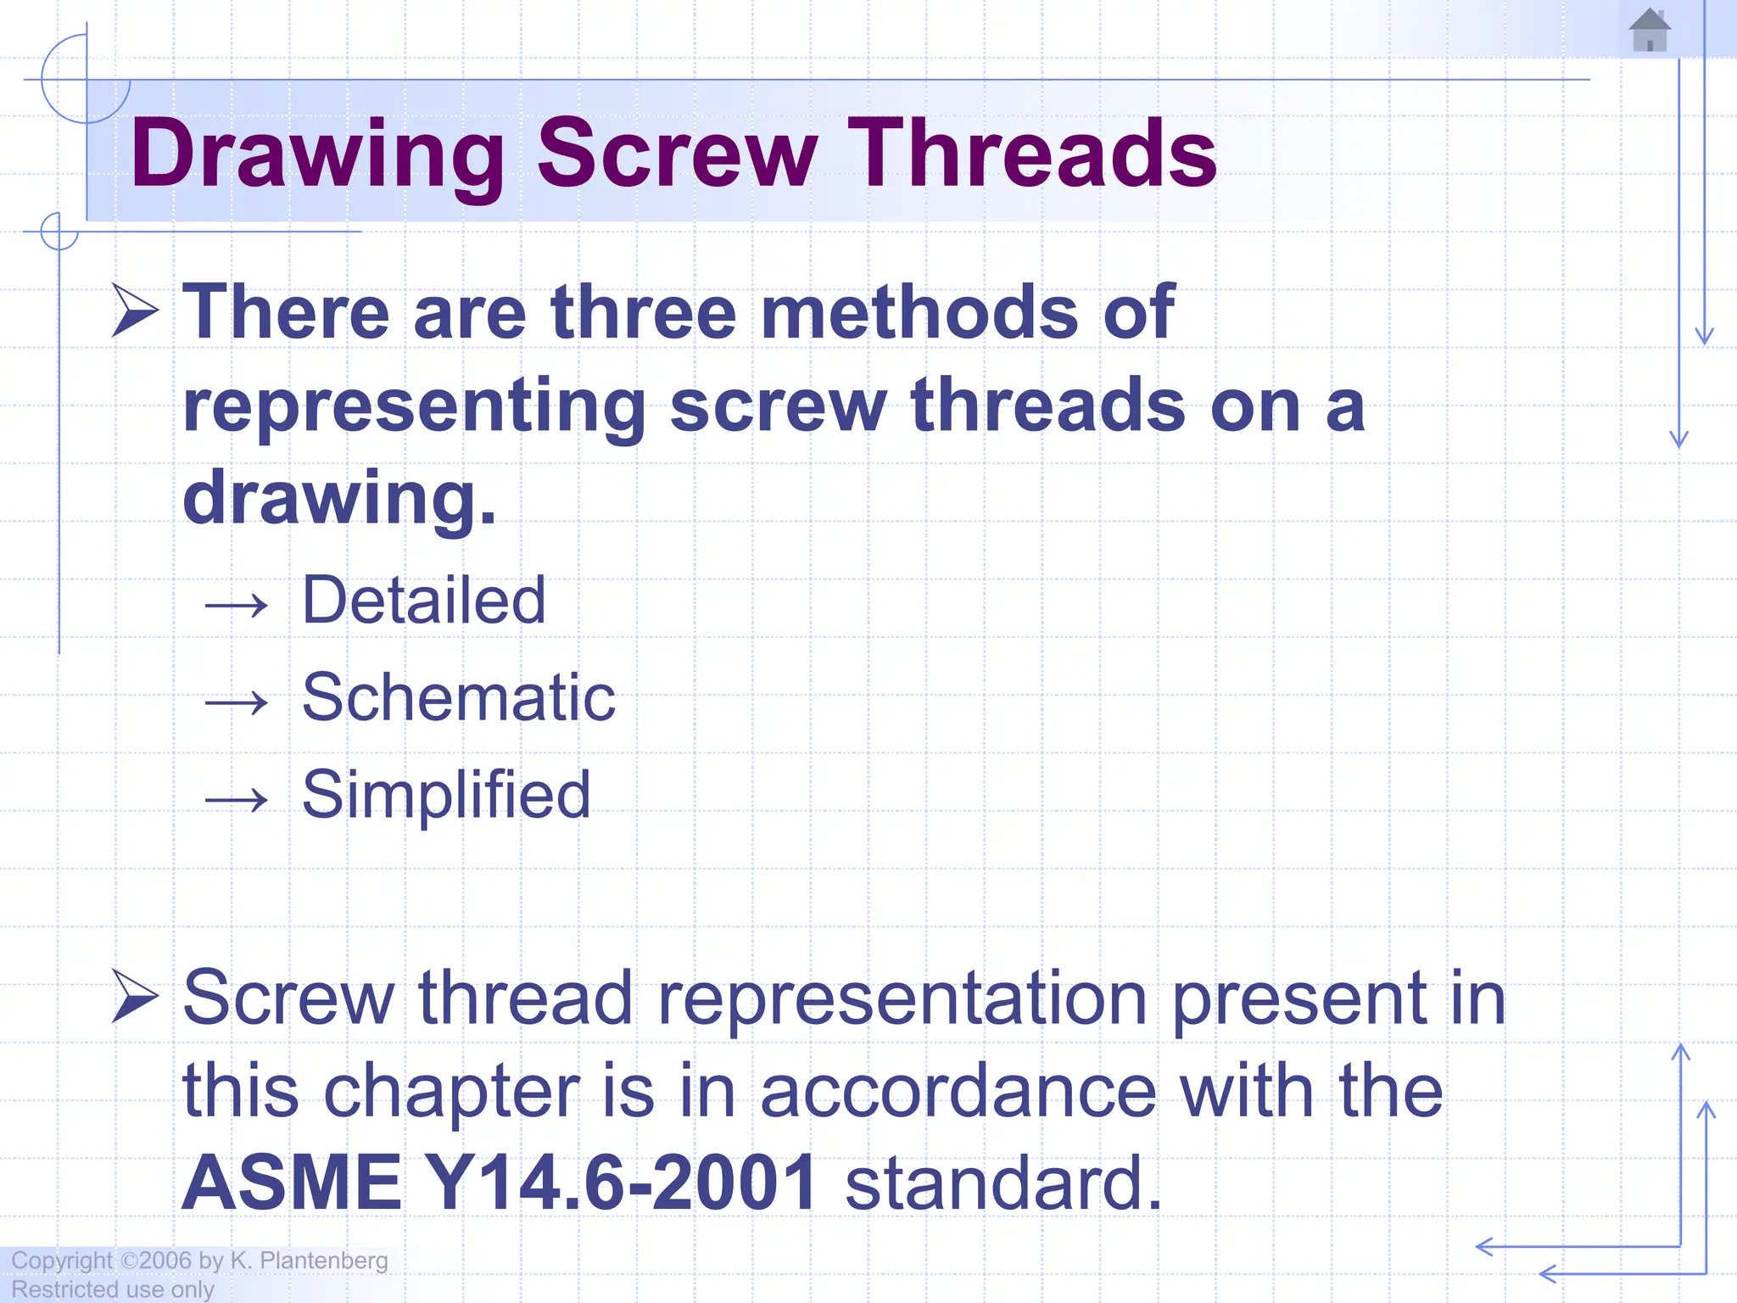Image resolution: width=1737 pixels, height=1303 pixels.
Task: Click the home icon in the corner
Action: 1650,31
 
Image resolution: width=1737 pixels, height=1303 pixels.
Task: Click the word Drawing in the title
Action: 317,154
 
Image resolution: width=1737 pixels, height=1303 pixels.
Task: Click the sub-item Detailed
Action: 424,601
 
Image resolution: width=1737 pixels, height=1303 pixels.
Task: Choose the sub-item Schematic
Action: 459,697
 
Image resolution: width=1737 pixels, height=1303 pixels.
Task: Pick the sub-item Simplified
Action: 446,795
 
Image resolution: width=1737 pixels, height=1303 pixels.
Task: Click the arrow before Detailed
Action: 237,606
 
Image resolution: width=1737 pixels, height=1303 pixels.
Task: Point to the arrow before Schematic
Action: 237,702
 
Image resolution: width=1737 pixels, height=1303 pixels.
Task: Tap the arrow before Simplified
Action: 237,799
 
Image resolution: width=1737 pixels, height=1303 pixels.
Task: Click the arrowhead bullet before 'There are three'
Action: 136,310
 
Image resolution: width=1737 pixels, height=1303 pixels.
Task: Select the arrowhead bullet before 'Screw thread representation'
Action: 136,996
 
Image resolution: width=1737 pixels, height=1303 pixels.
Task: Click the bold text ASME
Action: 292,1183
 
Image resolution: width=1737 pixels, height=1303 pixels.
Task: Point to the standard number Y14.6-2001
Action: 620,1183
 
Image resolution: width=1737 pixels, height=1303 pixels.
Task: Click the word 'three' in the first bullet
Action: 644,312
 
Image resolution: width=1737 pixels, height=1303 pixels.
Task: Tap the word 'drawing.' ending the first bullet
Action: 339,499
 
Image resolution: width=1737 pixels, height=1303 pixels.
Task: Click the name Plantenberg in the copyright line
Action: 324,1261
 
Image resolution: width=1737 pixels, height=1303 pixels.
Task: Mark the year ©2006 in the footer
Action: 157,1261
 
